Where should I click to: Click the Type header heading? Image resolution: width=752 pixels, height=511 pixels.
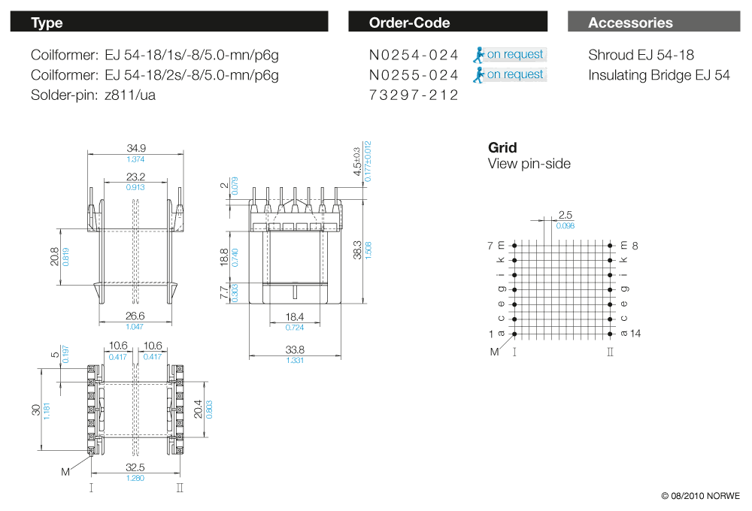pos(47,23)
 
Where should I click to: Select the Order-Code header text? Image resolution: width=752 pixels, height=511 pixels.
pos(409,23)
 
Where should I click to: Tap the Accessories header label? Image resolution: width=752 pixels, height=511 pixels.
pos(630,23)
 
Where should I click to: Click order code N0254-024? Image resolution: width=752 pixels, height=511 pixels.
pos(414,55)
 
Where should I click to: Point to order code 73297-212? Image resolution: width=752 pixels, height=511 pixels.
pos(414,95)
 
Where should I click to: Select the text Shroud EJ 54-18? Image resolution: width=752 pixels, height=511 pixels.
pos(641,55)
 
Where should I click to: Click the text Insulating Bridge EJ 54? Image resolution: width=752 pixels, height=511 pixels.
pos(659,75)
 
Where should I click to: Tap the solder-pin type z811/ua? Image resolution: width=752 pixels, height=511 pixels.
pos(130,95)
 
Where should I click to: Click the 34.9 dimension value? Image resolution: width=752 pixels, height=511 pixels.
pos(136,148)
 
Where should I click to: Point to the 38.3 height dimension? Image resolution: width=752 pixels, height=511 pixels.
pos(357,250)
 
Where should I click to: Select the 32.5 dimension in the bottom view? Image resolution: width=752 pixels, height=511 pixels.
pos(135,467)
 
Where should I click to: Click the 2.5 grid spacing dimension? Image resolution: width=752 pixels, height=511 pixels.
pos(566,215)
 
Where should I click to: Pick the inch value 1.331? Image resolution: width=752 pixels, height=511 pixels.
pos(295,361)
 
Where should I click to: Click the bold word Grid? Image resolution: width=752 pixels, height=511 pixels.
pos(502,147)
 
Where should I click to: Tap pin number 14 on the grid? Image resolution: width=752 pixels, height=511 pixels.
pos(635,333)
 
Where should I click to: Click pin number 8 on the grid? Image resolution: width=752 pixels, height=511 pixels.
pos(635,246)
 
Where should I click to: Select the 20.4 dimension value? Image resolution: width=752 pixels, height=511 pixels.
pos(198,410)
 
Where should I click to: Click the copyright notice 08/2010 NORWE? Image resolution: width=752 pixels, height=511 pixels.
pos(701,496)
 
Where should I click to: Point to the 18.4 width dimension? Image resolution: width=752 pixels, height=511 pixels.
pos(295,317)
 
